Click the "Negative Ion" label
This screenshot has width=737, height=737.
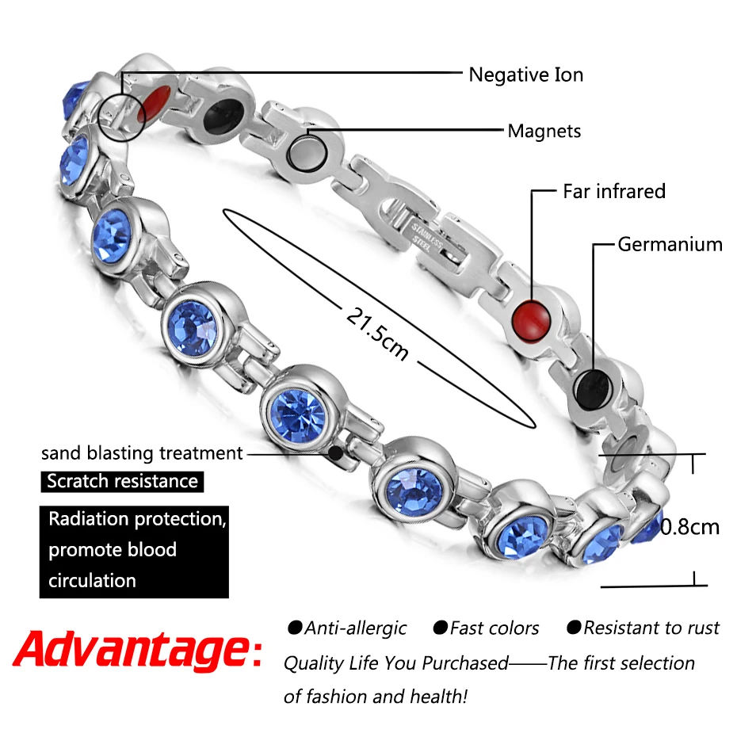click(525, 75)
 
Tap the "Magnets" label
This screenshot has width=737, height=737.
click(544, 131)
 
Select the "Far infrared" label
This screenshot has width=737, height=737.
click(613, 191)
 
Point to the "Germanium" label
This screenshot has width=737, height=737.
click(670, 244)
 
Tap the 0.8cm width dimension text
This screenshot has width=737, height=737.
click(689, 526)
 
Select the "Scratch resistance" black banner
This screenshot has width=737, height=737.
click(122, 481)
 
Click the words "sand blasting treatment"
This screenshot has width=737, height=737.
click(142, 453)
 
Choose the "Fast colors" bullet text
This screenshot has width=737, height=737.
click(486, 628)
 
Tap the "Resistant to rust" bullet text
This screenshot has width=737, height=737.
click(643, 628)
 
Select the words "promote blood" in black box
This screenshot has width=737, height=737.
click(113, 550)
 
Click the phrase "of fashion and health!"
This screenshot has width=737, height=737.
click(376, 697)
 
